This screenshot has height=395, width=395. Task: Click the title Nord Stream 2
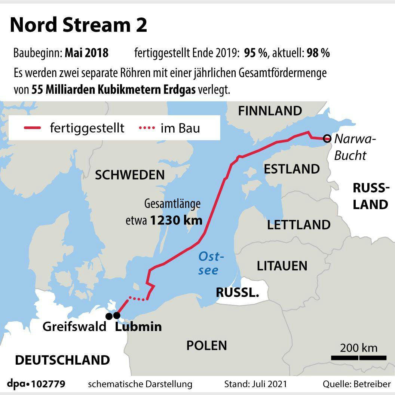pos(79,25)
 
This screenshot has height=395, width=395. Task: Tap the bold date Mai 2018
pos(86,53)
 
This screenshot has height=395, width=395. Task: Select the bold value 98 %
pos(318,53)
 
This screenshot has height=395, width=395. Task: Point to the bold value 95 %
pos(255,53)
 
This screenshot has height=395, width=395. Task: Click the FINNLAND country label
pos(270,111)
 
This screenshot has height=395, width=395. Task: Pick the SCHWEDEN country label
pos(129,175)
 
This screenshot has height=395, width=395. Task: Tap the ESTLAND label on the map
pos(292,169)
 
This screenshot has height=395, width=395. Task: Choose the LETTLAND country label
pos(298,225)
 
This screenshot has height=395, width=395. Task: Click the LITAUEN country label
pos(282,266)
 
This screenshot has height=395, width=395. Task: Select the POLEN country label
pos(206,345)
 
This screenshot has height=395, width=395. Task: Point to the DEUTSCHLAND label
pos(62,360)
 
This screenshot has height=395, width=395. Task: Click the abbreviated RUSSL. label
pos(238,293)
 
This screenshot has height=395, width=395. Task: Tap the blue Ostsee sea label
pos(211,263)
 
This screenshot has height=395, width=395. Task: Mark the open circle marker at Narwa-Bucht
pos(327,139)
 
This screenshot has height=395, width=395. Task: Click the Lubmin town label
pos(138,327)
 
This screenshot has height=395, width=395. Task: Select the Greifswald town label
pos(74,327)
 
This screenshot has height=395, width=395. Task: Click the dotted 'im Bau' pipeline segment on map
pos(138,298)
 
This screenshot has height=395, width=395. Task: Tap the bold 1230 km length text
pos(176,220)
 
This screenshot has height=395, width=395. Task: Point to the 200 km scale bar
pos(359,358)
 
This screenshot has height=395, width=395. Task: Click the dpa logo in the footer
pos(18,384)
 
